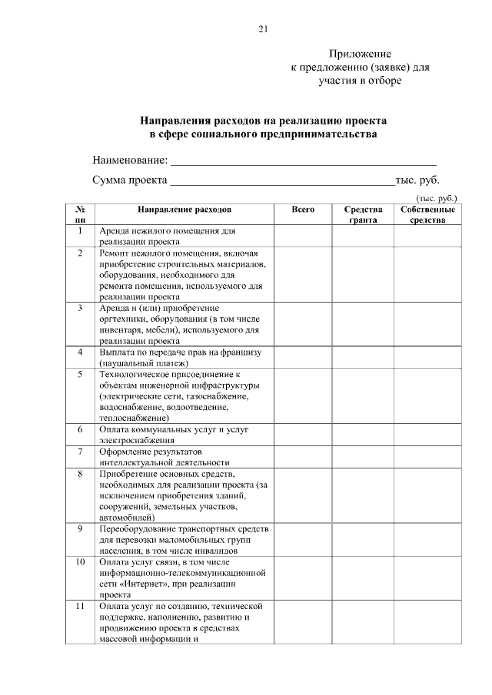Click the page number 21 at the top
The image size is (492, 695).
(263, 30)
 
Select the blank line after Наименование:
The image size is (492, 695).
(303, 161)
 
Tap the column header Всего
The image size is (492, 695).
(304, 209)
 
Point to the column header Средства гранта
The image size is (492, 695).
(363, 214)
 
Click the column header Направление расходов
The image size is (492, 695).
(184, 209)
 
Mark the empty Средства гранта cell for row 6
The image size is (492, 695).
(363, 435)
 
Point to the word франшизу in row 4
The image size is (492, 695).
(238, 352)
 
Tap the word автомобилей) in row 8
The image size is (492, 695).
(126, 518)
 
